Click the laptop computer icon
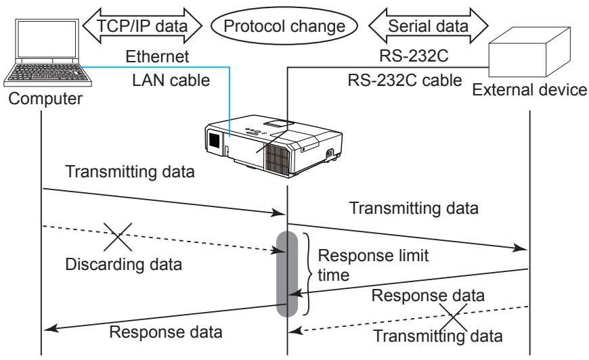point(47,53)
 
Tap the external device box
point(529,52)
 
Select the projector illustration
point(274,146)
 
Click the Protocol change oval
point(284,26)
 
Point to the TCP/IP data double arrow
point(142,26)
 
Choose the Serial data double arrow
point(429,26)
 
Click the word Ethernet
point(157,57)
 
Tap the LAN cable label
point(171,81)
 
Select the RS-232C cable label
point(405,81)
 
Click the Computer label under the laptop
point(45,99)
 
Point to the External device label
point(529,90)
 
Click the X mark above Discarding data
point(118,237)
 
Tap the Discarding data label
point(124,265)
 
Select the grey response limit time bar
point(287,274)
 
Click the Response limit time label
point(373,265)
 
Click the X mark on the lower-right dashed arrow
point(454,317)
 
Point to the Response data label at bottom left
point(166,332)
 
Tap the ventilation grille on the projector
point(278,160)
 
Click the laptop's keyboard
point(47,72)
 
